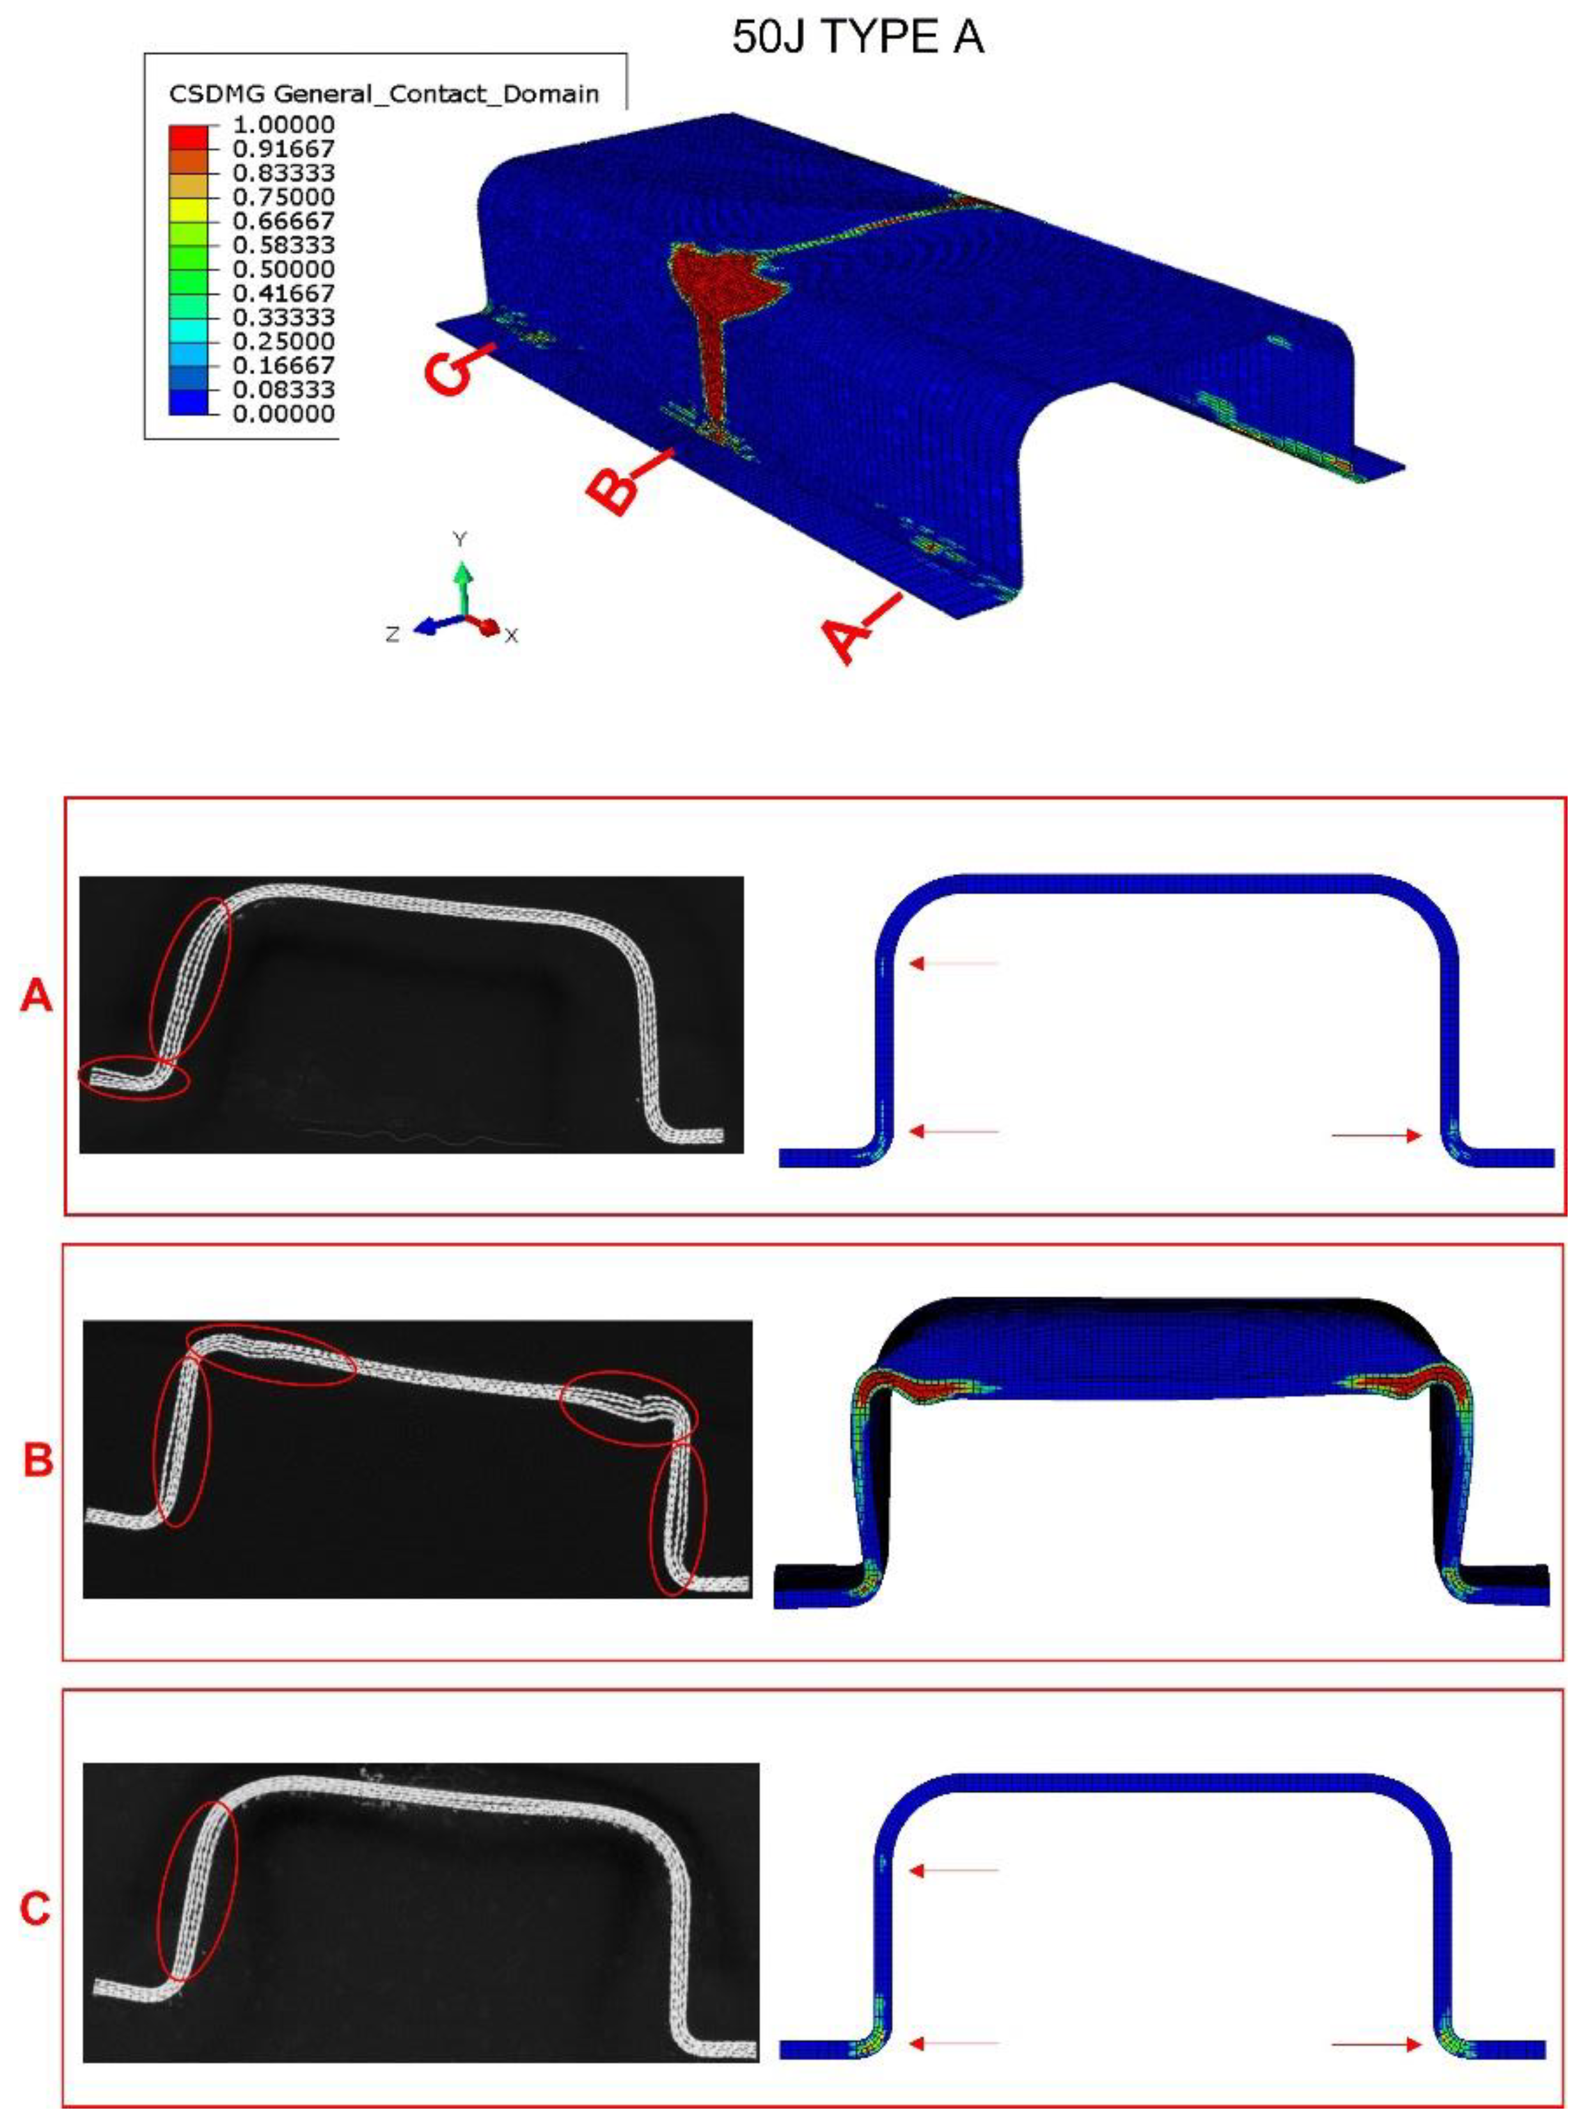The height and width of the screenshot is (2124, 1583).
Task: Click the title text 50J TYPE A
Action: coord(858,37)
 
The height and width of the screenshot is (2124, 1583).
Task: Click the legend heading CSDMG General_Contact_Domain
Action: coord(383,94)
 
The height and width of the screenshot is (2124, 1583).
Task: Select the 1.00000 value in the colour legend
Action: coord(283,125)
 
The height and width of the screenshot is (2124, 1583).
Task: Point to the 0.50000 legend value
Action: coord(283,269)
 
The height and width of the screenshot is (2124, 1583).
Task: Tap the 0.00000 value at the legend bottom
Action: coord(283,414)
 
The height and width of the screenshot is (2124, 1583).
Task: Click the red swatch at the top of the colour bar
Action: coord(188,136)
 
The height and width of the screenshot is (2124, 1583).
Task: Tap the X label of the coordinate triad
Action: coord(511,635)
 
